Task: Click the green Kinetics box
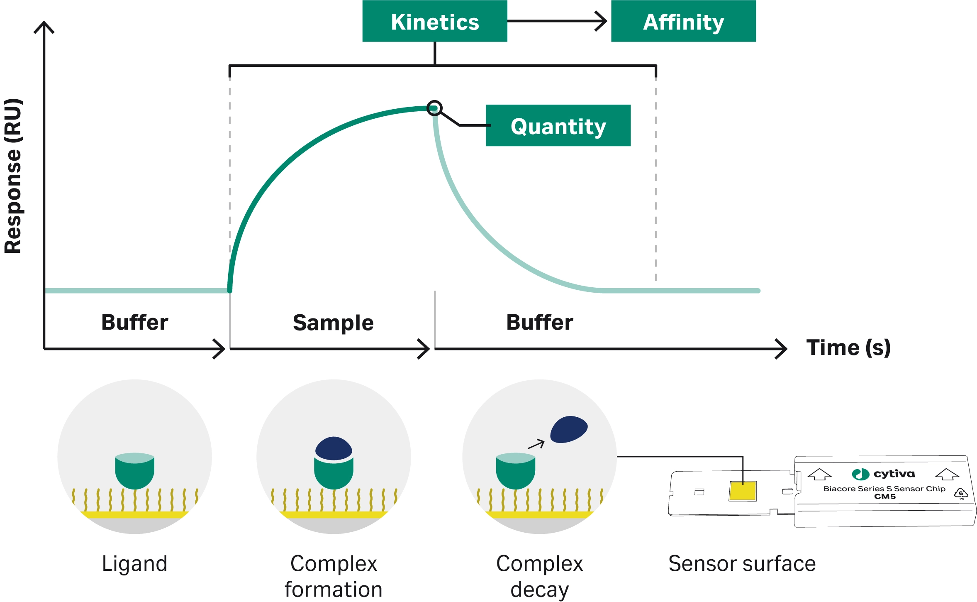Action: point(434,22)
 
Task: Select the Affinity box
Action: point(683,22)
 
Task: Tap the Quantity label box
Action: point(558,126)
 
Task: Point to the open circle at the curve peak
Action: point(434,108)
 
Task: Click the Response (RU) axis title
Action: point(13,176)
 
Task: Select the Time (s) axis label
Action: point(848,347)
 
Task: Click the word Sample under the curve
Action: point(333,323)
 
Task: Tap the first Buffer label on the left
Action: point(135,322)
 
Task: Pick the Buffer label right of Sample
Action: point(539,322)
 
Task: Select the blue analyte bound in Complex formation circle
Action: point(334,448)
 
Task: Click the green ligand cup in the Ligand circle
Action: point(134,471)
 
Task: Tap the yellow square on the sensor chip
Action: point(743,491)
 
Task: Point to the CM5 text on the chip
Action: point(884,497)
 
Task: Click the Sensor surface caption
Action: point(742,563)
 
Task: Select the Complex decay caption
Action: point(539,576)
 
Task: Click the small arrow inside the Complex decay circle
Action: point(536,444)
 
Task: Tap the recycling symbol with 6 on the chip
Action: point(961,493)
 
